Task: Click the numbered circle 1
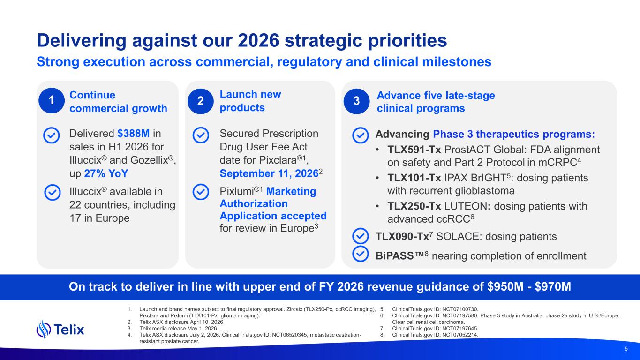pos(52,100)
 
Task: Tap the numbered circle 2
pos(201,101)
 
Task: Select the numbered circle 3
pos(356,101)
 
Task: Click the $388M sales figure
pos(134,134)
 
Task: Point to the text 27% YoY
pos(106,173)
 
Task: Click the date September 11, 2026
pos(269,173)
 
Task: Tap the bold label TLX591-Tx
pos(414,150)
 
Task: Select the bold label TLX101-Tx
pos(414,178)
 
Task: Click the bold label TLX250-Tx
pos(414,206)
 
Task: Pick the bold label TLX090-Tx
pos(402,237)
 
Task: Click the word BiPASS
pos(395,256)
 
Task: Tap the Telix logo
pos(60,329)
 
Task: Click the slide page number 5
pos(626,349)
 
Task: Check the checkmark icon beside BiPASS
pos(360,254)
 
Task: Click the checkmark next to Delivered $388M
pos(52,135)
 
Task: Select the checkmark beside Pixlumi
pos(201,192)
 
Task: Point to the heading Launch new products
pos(250,101)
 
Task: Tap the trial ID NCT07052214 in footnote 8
pos(460,335)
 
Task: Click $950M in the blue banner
pos(505,286)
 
